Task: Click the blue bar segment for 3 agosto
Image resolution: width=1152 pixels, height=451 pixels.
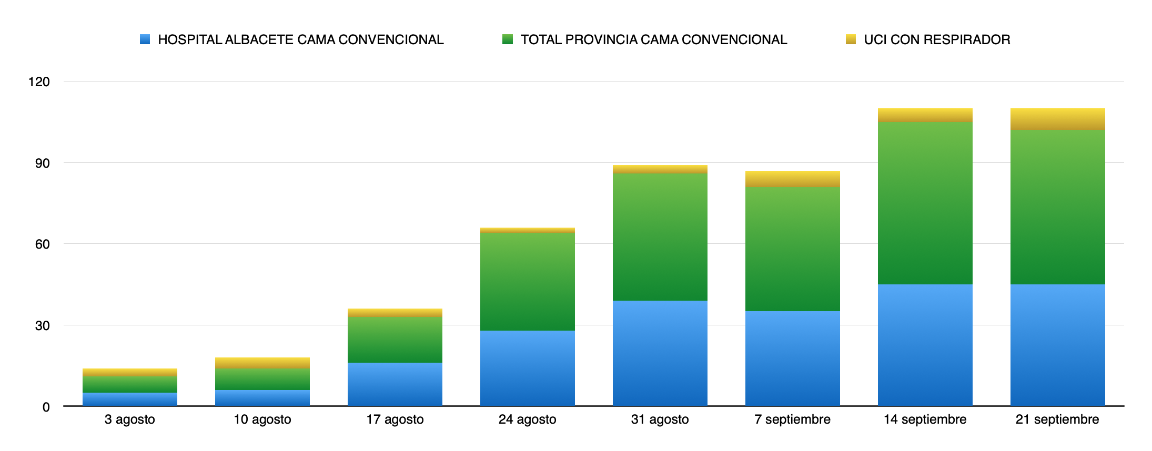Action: tap(130, 399)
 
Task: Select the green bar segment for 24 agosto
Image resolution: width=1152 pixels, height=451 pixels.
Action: tap(528, 282)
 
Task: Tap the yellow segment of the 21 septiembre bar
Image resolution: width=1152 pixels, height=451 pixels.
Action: tap(1057, 119)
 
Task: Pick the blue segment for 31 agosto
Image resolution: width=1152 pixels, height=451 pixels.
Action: tap(660, 353)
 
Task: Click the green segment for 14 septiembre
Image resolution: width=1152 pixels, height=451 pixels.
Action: tap(925, 203)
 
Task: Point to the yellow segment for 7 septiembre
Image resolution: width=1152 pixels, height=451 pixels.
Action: tap(793, 179)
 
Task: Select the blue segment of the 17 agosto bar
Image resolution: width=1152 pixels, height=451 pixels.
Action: tap(395, 384)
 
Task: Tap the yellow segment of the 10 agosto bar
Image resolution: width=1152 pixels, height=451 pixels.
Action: tap(262, 363)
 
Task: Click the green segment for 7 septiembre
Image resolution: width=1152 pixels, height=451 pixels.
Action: tap(793, 249)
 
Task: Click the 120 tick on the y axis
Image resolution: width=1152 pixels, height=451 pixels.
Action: tap(39, 81)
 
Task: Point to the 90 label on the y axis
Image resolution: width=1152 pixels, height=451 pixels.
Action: tap(43, 163)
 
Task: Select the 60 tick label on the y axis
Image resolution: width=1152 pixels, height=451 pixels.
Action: tap(43, 244)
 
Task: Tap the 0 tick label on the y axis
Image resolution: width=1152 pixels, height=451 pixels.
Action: tap(46, 407)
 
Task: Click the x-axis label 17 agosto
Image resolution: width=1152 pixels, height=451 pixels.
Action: tap(395, 419)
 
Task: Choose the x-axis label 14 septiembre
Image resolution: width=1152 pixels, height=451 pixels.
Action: tap(925, 419)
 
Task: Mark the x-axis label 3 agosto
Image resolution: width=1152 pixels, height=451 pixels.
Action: tap(130, 419)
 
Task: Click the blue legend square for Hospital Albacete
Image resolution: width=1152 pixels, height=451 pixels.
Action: tap(145, 39)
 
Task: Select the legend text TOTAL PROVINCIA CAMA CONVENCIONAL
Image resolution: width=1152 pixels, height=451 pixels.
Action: tap(654, 39)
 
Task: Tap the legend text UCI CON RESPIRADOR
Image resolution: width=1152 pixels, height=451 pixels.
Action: tap(937, 39)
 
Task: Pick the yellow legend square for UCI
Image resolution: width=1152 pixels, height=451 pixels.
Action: tap(851, 39)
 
